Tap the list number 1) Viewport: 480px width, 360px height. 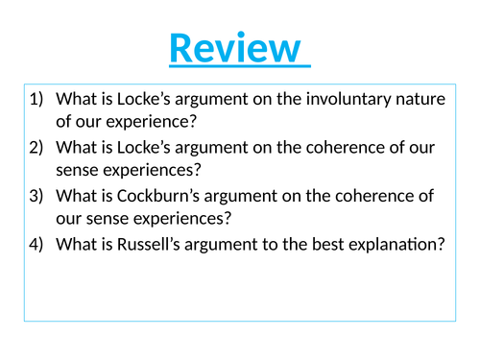coord(38,99)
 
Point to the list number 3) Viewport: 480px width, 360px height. coord(38,196)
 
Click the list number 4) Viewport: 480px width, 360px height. coord(38,245)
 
